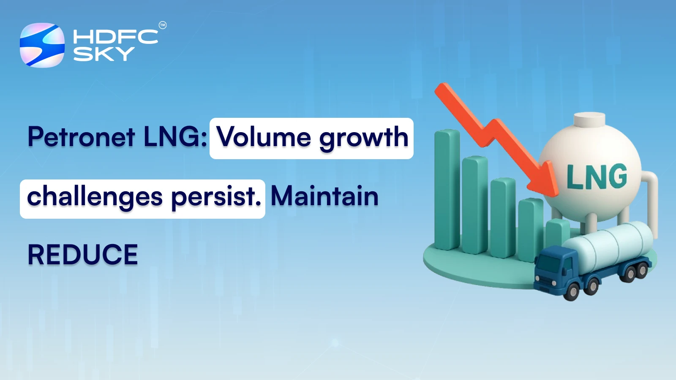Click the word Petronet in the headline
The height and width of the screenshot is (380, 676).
[x=82, y=137]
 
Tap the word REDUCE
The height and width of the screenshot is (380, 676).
[x=83, y=255]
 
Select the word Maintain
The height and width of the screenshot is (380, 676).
[x=324, y=196]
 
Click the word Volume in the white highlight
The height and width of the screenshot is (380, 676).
[x=264, y=137]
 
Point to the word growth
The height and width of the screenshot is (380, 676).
[x=364, y=138]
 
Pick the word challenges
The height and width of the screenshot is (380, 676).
[x=95, y=197]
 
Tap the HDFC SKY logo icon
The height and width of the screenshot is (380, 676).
[x=42, y=45]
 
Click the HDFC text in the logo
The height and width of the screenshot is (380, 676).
[x=115, y=36]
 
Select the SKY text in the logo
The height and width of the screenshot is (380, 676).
[x=104, y=54]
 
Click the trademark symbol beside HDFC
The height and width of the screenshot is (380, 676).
[x=162, y=25]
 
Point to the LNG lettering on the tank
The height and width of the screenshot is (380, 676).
[x=597, y=176]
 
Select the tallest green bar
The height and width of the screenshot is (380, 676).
[x=447, y=190]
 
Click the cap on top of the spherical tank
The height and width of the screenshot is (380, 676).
[x=589, y=119]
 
